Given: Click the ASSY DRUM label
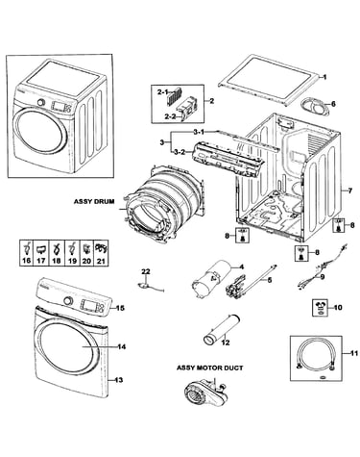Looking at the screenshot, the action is pyautogui.click(x=94, y=202).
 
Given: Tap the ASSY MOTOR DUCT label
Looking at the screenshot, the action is pyautogui.click(x=210, y=368).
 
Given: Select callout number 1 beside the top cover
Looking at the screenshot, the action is pyautogui.click(x=324, y=77).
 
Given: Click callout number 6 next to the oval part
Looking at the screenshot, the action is pyautogui.click(x=333, y=104).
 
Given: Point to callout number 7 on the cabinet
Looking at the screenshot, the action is pyautogui.click(x=350, y=190).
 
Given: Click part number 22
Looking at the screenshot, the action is pyautogui.click(x=146, y=271).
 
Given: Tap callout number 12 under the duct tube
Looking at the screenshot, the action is pyautogui.click(x=226, y=343).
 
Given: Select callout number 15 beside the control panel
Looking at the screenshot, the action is pyautogui.click(x=120, y=308).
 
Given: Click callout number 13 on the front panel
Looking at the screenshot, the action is pyautogui.click(x=118, y=380).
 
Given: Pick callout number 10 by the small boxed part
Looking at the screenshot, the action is pyautogui.click(x=338, y=308).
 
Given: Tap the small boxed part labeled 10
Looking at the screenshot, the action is pyautogui.click(x=321, y=308).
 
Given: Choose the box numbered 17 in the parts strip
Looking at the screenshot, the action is pyautogui.click(x=41, y=253).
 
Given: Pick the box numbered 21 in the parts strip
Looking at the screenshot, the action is pyautogui.click(x=101, y=253).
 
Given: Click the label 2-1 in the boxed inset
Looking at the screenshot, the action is pyautogui.click(x=162, y=92).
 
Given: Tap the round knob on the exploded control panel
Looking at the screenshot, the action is pyautogui.click(x=67, y=301).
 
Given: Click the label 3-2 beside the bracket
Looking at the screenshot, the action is pyautogui.click(x=180, y=152).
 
